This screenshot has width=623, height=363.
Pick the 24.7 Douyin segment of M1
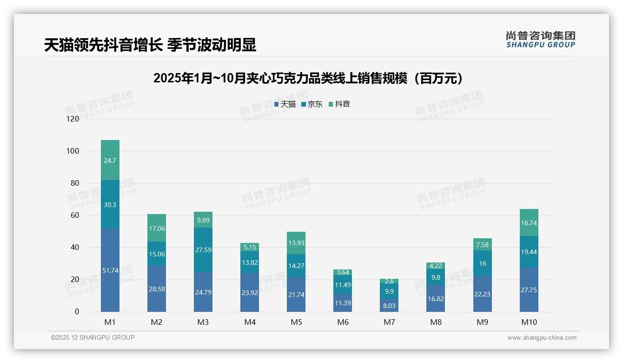click(110, 160)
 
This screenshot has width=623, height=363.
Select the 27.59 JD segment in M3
click(203, 249)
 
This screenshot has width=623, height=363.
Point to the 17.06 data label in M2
click(157, 229)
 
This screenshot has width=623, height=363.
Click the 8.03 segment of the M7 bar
click(389, 305)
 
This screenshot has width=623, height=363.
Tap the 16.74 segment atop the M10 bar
click(529, 223)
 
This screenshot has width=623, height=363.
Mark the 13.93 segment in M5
click(296, 243)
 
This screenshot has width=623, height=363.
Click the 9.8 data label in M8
click(436, 277)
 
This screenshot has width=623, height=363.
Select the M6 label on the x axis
click(343, 322)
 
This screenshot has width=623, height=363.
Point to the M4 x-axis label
click(250, 322)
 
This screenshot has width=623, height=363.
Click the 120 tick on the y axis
click(73, 119)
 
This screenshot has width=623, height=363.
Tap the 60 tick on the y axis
click(75, 215)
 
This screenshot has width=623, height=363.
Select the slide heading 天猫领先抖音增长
click(150, 45)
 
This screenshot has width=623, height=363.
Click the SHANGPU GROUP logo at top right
click(540, 40)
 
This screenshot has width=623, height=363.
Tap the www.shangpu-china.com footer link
click(542, 338)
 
